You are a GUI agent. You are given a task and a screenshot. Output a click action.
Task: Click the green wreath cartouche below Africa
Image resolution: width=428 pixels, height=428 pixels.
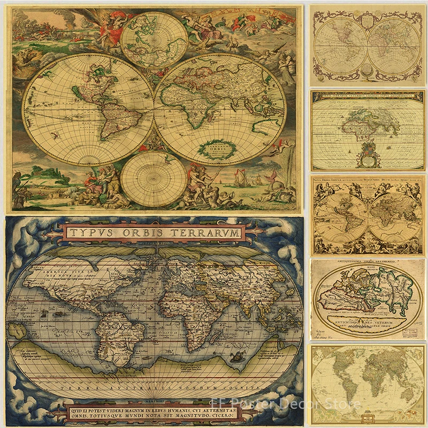tap(213, 149)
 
